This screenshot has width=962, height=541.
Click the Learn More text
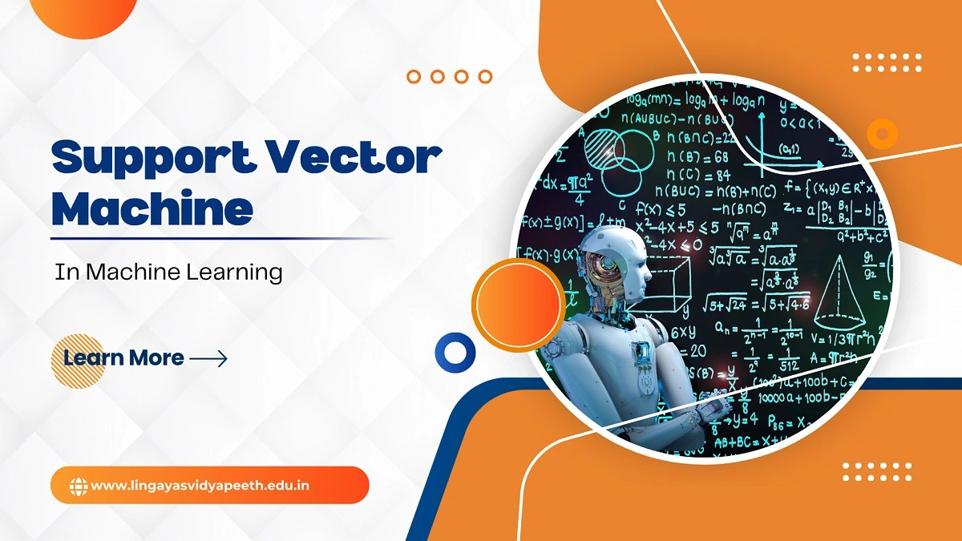click(x=123, y=357)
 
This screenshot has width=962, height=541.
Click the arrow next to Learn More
click(x=208, y=358)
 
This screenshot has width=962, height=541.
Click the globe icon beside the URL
click(x=79, y=485)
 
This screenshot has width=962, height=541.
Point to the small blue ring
click(x=455, y=351)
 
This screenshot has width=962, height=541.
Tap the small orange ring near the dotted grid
click(x=883, y=133)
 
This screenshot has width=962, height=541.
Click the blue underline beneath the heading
click(x=220, y=238)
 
